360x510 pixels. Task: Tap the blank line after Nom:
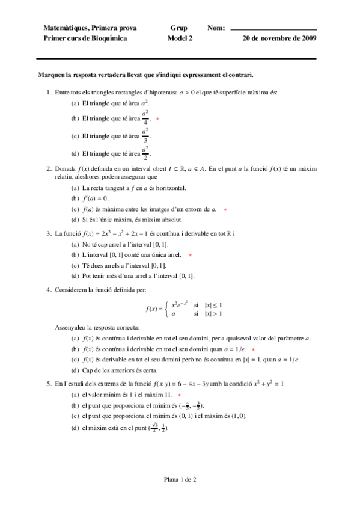point(273,29)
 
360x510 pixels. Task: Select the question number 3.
point(48,233)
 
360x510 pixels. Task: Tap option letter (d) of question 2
point(75,220)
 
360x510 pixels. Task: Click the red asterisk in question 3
point(190,255)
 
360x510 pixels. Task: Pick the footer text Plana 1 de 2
point(180,479)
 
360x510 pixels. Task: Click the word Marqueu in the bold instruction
point(51,75)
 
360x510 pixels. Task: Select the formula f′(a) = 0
point(96,198)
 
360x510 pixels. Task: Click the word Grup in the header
point(178,28)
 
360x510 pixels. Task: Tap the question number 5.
point(48,383)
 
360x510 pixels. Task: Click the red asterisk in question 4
point(253,349)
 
